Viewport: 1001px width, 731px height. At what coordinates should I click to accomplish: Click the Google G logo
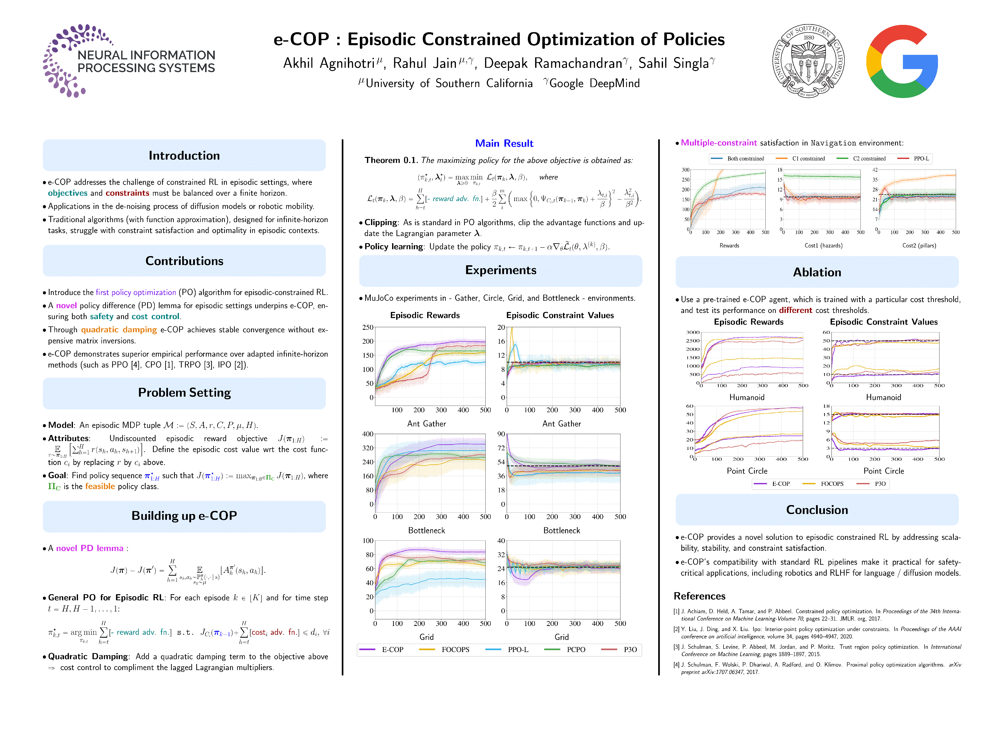click(x=902, y=61)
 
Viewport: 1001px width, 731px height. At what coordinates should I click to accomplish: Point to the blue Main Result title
click(x=504, y=143)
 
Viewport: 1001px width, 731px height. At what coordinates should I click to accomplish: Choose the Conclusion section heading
click(x=817, y=510)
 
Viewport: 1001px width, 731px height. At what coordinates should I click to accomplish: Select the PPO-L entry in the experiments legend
click(x=517, y=650)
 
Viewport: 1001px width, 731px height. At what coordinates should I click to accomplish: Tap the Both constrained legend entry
click(x=745, y=158)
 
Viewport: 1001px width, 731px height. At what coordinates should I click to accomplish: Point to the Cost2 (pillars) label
click(x=919, y=246)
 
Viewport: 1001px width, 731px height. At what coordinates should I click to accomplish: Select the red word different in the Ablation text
click(x=795, y=310)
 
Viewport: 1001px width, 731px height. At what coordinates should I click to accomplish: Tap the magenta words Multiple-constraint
click(x=718, y=143)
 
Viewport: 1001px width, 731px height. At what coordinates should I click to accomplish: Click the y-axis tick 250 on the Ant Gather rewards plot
click(x=368, y=327)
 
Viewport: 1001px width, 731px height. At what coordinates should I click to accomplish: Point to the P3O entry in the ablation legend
click(x=880, y=484)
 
